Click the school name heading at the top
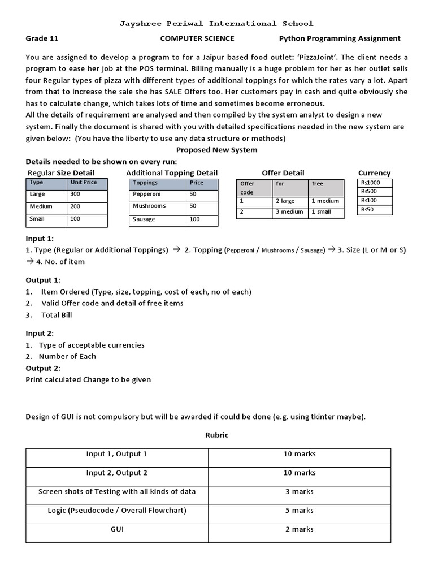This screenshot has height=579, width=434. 216,24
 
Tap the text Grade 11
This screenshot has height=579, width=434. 42,38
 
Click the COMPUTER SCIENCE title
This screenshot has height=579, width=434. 197,38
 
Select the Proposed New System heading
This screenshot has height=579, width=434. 216,150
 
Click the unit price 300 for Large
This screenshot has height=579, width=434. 75,195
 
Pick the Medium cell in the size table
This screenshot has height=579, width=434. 41,206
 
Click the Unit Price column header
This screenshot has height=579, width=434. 84,183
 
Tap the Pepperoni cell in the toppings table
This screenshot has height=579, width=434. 146,195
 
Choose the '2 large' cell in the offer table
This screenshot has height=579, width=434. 285,201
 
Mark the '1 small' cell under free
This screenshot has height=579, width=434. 322,212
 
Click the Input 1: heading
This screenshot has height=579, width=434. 40,239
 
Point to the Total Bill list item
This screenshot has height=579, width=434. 57,315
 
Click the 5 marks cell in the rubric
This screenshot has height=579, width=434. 299,510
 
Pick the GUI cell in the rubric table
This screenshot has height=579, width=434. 117,529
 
